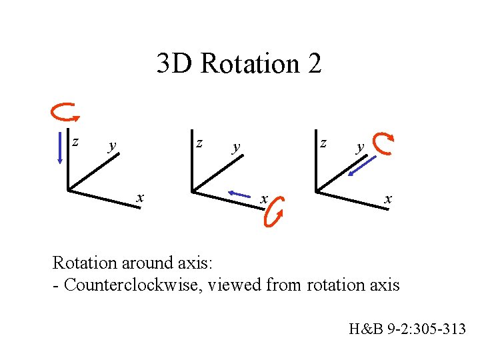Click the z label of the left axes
coord(75,141)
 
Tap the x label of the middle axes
coord(264,199)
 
